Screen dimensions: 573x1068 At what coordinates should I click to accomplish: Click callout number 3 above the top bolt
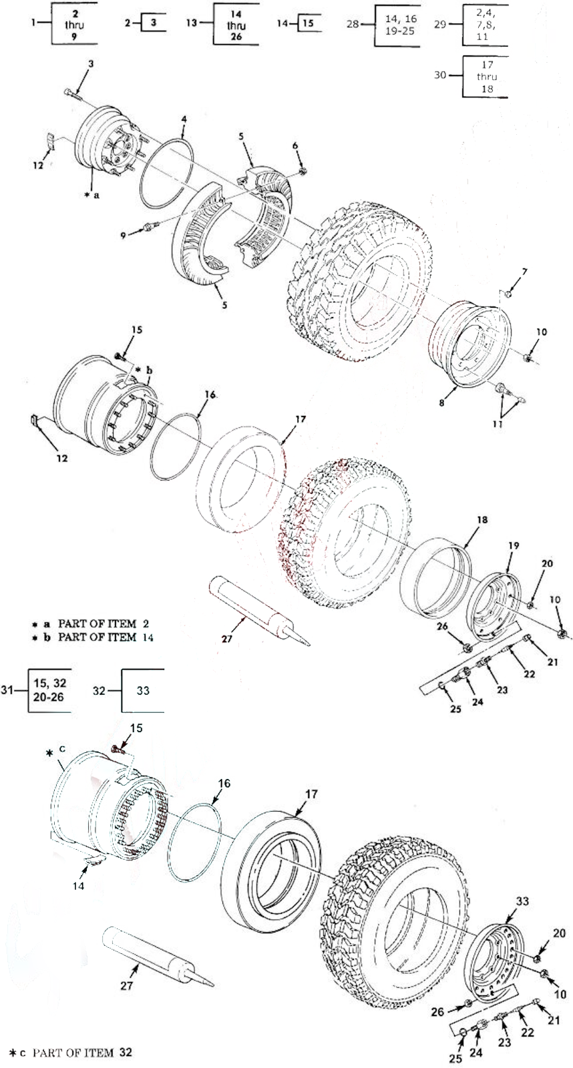pos(91,63)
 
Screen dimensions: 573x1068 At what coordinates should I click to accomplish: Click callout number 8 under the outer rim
pos(442,403)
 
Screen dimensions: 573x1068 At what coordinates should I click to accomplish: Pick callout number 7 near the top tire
pos(524,272)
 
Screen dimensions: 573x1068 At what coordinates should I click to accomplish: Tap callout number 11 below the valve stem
pos(498,423)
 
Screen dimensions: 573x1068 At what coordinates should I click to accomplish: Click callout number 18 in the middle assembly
pos(482,519)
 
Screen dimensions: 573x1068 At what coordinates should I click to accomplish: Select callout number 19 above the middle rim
pos(514,545)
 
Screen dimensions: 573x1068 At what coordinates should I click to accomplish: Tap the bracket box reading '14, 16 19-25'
pos(399,25)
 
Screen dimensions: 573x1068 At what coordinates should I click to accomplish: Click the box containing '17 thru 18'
pos(486,77)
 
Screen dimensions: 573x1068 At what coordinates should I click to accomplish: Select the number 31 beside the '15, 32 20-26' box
pos(7,690)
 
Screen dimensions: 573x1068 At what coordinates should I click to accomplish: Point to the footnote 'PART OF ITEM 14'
pos(106,637)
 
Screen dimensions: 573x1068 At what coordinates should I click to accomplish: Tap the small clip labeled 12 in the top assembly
pos(50,141)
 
